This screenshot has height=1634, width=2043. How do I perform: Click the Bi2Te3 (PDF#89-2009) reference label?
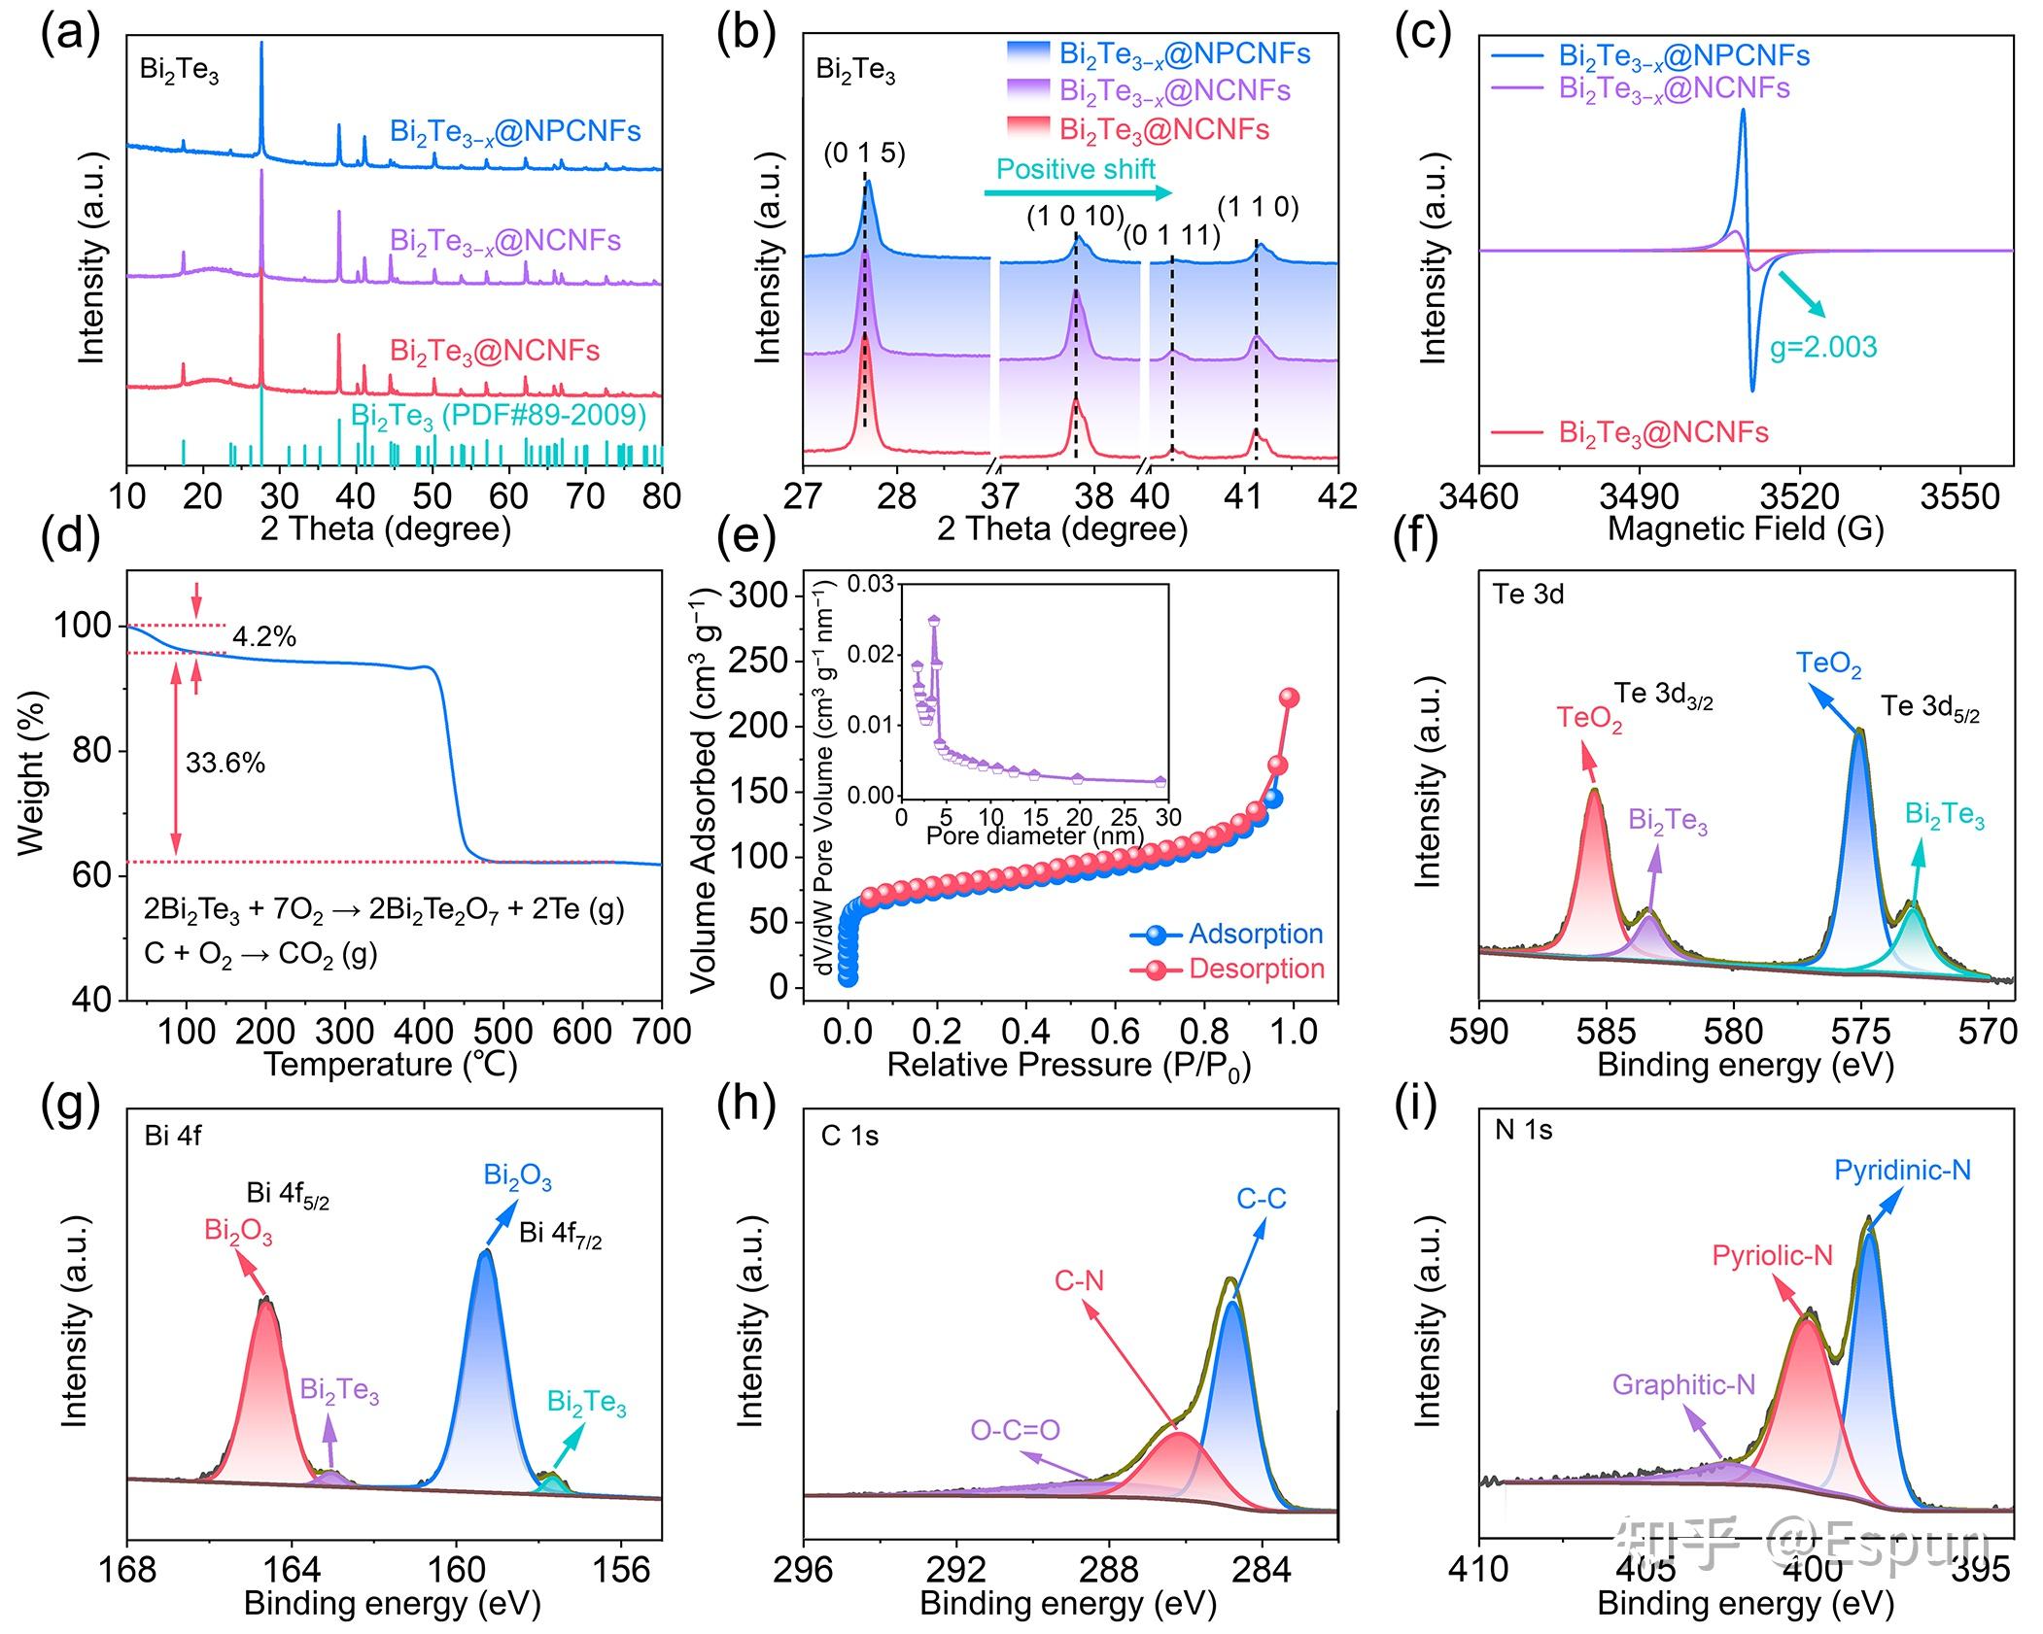498,416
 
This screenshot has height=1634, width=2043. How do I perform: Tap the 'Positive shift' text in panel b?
1075,169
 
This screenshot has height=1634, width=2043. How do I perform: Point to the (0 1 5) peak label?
864,153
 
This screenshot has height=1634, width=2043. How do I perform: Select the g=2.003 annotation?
1822,347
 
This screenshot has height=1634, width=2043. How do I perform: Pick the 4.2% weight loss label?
264,637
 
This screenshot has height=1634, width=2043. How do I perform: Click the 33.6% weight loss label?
225,764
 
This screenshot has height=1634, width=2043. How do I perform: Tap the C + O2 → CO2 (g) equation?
260,955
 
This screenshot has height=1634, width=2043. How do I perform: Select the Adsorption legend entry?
1255,935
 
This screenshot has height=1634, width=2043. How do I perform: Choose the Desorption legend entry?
1256,969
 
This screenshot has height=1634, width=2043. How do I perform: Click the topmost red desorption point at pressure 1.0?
1289,698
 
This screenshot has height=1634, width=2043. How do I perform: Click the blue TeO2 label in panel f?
1828,664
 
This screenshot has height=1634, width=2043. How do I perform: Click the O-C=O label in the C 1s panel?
1015,1430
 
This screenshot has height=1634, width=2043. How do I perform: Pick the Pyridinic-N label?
1902,1171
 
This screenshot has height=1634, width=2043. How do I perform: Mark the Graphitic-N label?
1683,1384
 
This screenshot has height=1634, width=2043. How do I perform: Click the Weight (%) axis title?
32,773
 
